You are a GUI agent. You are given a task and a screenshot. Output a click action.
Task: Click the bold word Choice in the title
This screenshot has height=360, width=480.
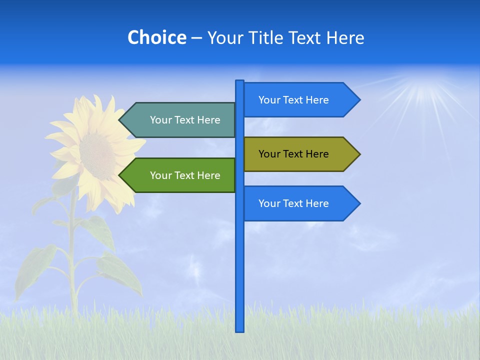156,38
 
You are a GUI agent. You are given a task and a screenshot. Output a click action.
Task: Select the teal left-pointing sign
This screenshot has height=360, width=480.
180,120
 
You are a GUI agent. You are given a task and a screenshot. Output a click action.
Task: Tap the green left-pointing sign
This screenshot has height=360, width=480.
180,175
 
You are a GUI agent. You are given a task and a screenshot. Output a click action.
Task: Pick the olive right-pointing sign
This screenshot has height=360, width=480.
300,154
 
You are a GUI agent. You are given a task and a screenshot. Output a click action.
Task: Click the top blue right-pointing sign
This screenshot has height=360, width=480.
300,100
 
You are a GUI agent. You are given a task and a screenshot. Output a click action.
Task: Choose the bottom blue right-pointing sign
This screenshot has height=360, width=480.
300,203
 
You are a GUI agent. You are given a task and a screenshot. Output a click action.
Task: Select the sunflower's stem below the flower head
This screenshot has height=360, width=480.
73,240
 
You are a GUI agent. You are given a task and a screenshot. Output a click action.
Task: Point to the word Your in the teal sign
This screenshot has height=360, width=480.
160,120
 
